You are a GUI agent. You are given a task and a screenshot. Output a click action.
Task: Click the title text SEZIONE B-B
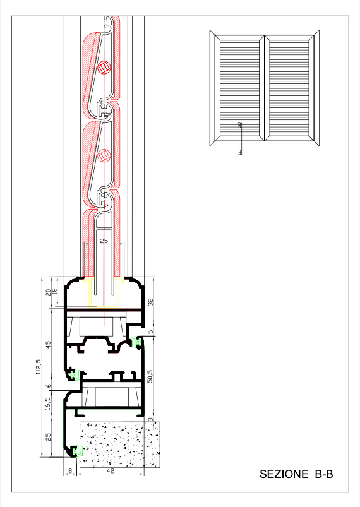click(x=296, y=474)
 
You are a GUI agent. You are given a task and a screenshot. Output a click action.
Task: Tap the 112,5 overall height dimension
click(x=39, y=367)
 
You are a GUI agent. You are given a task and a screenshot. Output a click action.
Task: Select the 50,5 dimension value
click(x=150, y=376)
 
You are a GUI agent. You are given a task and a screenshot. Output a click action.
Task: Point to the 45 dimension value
click(x=49, y=344)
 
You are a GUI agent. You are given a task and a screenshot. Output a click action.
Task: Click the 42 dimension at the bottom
click(x=111, y=471)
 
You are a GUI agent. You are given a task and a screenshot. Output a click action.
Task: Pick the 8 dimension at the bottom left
click(x=70, y=471)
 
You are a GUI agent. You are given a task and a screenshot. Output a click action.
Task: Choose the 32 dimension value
click(x=150, y=302)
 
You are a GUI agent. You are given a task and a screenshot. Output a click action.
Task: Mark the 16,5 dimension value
click(x=48, y=404)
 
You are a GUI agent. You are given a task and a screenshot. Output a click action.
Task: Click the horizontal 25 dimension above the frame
click(x=104, y=241)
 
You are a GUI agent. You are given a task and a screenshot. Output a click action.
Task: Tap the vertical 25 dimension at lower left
click(x=48, y=437)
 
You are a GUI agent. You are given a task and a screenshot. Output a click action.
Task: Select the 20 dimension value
click(x=48, y=292)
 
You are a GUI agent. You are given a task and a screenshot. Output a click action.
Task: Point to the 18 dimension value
click(x=55, y=290)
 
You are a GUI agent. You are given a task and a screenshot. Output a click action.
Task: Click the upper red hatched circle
click(x=104, y=67)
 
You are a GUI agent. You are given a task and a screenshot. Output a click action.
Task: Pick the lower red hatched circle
click(x=104, y=155)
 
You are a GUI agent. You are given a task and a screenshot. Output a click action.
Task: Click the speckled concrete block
click(x=120, y=444)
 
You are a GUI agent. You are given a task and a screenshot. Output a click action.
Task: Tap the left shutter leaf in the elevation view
click(x=239, y=88)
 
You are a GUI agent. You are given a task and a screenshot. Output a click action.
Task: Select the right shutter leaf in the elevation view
click(x=289, y=88)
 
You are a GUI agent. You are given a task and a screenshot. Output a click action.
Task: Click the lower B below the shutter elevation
click(x=240, y=152)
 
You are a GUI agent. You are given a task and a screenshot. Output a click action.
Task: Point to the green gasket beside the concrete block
click(x=78, y=450)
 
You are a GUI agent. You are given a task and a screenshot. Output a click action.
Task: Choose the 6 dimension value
click(x=49, y=385)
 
